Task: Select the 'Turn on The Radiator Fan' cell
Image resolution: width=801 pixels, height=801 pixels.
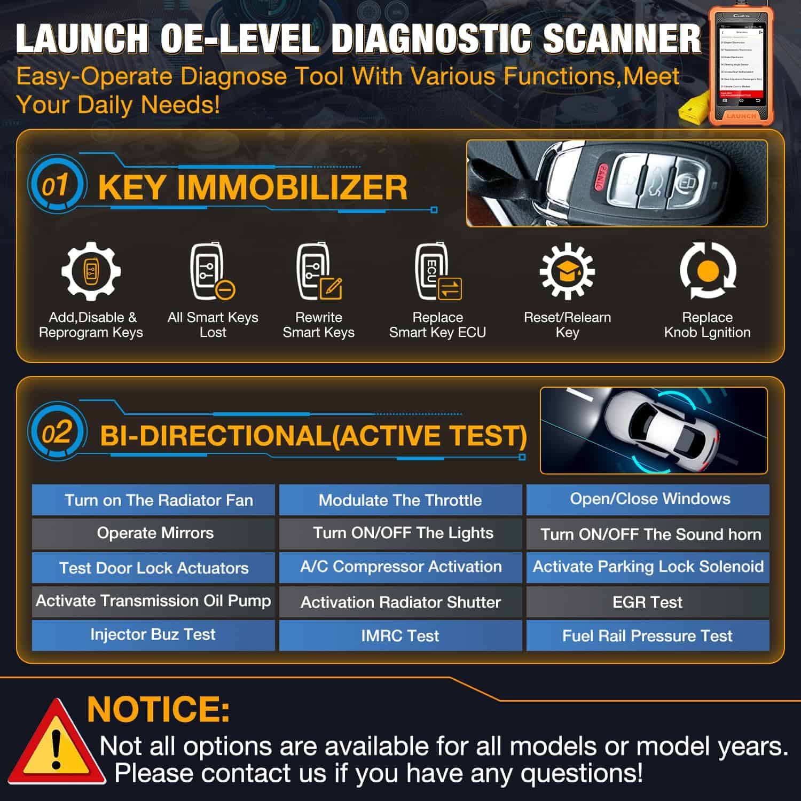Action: tap(153, 500)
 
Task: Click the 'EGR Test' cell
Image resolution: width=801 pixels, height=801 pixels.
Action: tap(647, 602)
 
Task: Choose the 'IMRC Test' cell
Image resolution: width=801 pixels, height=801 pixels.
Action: tap(400, 635)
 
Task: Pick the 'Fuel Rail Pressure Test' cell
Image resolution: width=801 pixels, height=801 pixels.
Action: tap(647, 635)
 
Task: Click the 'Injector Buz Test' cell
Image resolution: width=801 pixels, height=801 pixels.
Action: tap(153, 634)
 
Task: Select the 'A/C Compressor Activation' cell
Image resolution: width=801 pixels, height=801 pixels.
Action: tap(400, 567)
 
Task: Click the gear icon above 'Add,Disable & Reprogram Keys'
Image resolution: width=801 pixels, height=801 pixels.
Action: tap(91, 271)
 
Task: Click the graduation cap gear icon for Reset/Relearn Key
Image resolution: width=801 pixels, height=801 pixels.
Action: tap(567, 271)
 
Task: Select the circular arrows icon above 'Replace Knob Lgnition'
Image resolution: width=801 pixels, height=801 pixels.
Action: tap(708, 270)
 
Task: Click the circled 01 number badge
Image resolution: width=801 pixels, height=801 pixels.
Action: tap(55, 185)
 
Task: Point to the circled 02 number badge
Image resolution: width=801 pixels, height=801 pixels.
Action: tap(56, 432)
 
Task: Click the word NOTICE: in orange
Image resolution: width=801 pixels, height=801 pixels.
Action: tap(158, 709)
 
